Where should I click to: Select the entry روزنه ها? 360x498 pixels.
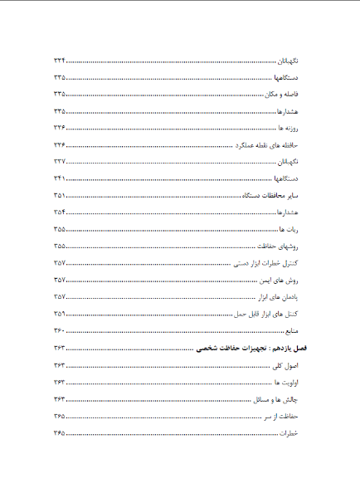(x=287, y=128)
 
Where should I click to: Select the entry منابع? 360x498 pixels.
(x=290, y=330)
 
